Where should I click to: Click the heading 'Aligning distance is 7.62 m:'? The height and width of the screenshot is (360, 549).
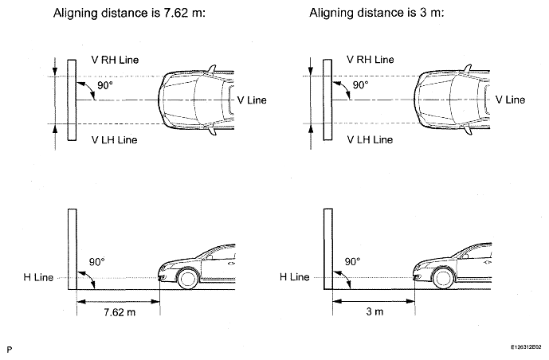(129, 14)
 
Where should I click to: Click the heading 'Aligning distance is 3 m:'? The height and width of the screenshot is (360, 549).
(377, 14)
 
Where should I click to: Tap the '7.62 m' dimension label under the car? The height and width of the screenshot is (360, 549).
(120, 312)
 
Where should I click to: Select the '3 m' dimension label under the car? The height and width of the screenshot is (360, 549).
(374, 311)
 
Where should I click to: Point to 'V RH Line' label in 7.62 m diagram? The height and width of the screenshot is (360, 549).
(115, 60)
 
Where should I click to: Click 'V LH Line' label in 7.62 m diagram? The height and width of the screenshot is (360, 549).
(114, 140)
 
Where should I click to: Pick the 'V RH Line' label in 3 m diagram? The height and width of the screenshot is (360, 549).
(371, 60)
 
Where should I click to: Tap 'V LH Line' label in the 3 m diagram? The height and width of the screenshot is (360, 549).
(370, 139)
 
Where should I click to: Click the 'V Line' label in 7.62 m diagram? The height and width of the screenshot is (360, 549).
(252, 100)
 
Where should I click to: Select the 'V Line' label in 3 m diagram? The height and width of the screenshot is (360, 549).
(510, 100)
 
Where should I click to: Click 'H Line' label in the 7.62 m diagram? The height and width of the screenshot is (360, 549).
(38, 277)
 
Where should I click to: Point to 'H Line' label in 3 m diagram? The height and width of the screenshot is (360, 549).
(295, 277)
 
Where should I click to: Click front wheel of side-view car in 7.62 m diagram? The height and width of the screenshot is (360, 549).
(188, 278)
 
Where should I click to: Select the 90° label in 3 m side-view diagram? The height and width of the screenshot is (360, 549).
(352, 262)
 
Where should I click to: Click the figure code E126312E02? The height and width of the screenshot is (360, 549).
(526, 347)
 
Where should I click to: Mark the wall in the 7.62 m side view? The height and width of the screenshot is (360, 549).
(73, 249)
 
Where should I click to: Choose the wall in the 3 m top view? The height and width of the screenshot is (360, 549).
(327, 100)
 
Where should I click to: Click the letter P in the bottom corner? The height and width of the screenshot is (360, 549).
(9, 350)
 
